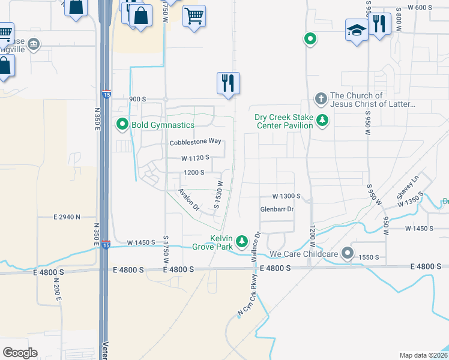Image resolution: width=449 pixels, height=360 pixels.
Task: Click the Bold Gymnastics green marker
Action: pos(122,125)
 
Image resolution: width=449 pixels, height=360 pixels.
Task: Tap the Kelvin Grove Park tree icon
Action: pos(242,241)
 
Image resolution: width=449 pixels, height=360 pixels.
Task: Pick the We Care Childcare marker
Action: pos(347,253)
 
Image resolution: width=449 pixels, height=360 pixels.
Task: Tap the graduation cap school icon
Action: pos(357,29)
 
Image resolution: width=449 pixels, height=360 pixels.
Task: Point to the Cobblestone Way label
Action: pos(196,142)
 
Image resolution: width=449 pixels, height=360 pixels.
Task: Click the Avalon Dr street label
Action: pos(189,200)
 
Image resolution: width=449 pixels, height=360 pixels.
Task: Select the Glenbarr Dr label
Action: pos(277,209)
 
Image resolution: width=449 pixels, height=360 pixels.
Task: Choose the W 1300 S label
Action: pos(286,196)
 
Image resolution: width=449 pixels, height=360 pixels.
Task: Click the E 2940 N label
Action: pos(67,216)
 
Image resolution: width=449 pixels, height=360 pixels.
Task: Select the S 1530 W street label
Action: pos(220,195)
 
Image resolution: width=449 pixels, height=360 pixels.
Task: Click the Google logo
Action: pos(20,352)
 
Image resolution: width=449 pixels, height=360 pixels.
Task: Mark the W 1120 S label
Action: pos(196,158)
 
